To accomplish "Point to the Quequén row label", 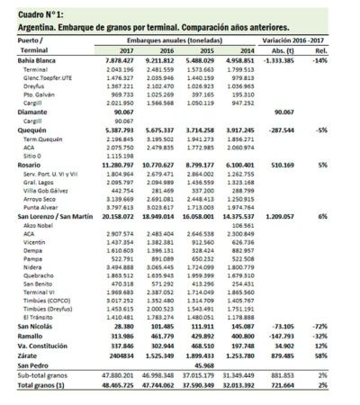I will click(22, 130).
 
